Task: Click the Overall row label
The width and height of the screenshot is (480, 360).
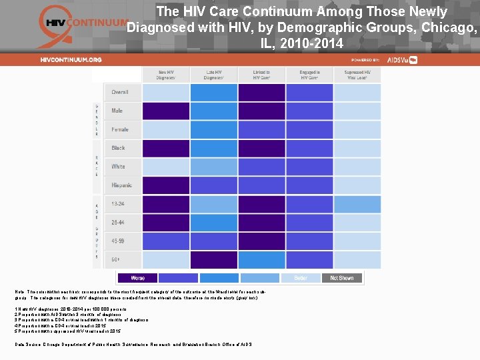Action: pos(121,92)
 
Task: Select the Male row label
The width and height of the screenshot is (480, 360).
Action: pos(117,111)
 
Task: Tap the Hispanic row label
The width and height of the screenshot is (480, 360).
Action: pos(122,185)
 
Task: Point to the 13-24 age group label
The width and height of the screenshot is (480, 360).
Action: pos(119,204)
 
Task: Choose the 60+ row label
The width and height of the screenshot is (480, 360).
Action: pos(117,259)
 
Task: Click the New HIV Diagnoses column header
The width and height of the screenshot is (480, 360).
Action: pos(166,75)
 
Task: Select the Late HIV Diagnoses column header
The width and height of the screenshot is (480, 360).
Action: pos(213,75)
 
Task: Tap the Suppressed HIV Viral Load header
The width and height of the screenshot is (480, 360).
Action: pos(357,75)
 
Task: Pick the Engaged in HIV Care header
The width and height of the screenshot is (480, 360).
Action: pos(309,75)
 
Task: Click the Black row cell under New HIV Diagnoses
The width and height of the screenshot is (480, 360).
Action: pos(166,148)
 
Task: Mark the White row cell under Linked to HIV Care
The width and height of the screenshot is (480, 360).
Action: pos(261,167)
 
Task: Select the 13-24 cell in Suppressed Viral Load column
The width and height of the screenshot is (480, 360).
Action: pos(357,204)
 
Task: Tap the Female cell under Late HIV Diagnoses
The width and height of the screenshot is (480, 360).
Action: pos(213,129)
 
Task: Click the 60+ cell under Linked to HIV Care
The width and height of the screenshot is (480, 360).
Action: pos(261,259)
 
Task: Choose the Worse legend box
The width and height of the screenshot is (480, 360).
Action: pos(137,278)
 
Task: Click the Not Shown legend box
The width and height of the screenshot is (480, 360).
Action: pos(342,278)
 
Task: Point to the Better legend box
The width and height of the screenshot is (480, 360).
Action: pos(301,278)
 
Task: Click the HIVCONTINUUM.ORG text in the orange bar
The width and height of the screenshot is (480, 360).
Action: pos(71,59)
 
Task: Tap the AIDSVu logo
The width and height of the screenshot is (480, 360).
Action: pos(402,59)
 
